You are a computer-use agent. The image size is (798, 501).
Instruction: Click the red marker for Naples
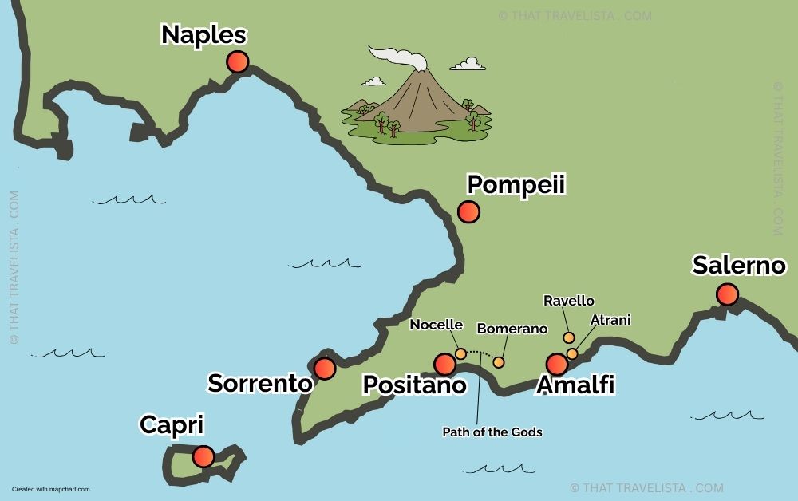pos(237,61)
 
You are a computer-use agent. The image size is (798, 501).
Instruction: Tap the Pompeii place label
pos(516,184)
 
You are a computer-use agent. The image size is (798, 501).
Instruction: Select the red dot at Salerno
pos(727,294)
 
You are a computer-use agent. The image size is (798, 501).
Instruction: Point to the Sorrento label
pos(259,383)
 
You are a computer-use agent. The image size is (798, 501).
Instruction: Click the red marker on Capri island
pos(203,456)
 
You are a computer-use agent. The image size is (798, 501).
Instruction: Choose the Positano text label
pos(414,385)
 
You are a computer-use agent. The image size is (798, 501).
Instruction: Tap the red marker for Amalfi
pos(556,364)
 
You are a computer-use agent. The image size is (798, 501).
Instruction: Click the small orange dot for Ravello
pos(569,337)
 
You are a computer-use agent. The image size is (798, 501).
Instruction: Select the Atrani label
pos(610,320)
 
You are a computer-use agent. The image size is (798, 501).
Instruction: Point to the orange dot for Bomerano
pos(499,362)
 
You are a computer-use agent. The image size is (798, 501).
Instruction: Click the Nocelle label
pos(436,325)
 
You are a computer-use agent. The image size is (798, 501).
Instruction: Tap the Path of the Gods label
pos(492,432)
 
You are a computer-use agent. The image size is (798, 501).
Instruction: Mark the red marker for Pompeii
pos(468,211)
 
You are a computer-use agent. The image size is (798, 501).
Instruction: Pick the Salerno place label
pos(739,266)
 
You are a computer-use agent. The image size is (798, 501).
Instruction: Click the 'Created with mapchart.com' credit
pos(51,489)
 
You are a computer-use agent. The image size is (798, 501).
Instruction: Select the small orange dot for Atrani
pos(572,353)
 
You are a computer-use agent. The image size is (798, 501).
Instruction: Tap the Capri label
pos(172,425)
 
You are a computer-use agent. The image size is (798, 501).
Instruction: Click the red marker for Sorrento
pos(324,368)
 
